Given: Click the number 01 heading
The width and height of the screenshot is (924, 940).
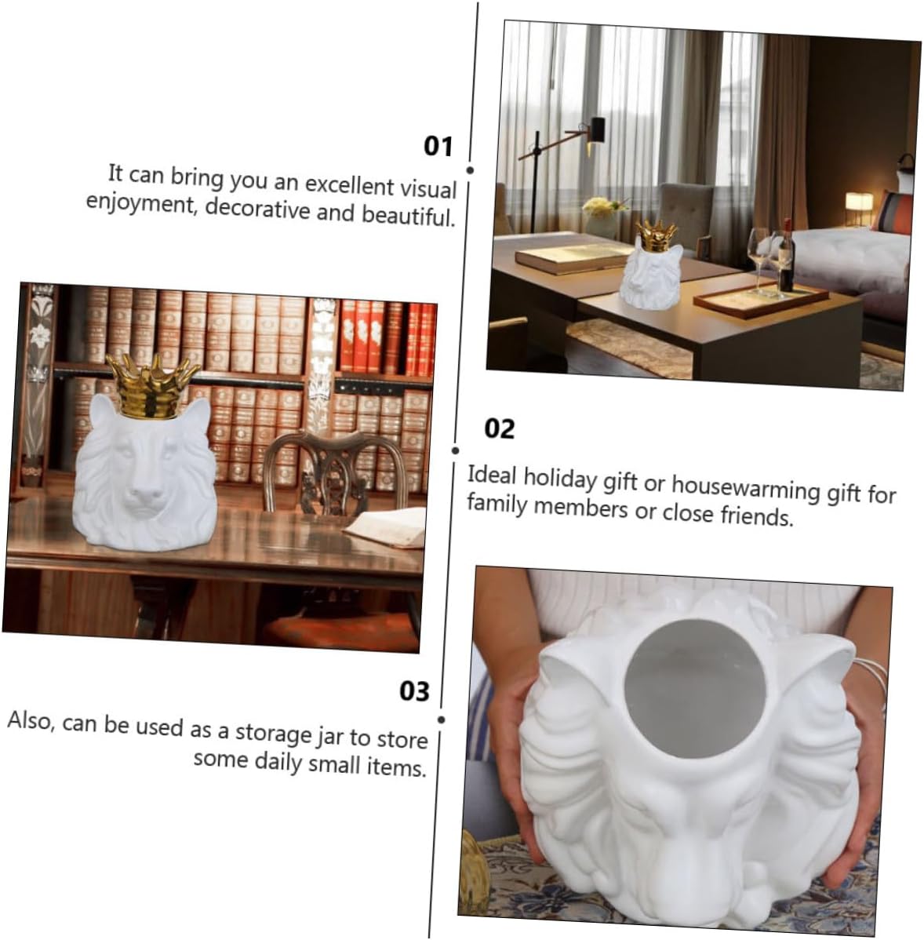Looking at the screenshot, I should coord(438,146).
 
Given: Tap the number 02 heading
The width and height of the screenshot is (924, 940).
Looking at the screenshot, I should coord(499,428).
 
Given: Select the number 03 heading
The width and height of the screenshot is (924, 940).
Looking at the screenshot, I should coord(414,690).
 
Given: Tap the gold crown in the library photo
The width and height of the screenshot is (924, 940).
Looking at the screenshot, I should coord(152,386).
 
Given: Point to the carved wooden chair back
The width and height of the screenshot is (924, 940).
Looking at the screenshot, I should coord(335,471).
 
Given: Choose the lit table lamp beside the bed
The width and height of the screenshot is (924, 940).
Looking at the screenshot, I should coord(858,203).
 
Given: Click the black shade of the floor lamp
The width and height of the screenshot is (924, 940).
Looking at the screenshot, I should coord(597,129).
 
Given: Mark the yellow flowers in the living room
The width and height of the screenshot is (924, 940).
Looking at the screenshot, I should coord(602,206).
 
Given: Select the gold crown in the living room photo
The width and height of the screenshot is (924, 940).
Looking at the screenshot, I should coord(657,235).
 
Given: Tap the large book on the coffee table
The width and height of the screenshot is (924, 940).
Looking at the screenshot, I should coord(574,256).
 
